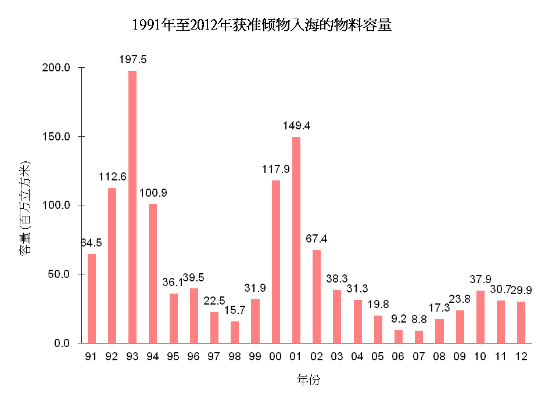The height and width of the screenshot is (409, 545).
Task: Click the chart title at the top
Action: (x=261, y=26)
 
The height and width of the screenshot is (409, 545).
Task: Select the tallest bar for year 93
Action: (x=132, y=207)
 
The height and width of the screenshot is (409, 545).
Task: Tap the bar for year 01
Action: (x=296, y=240)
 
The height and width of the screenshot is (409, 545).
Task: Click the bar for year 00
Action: (x=276, y=262)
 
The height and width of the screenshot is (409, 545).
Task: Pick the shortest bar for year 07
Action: (x=419, y=337)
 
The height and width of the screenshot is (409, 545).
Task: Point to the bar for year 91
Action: (x=92, y=298)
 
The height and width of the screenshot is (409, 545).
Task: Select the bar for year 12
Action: (x=521, y=322)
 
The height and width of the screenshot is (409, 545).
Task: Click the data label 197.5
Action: (x=132, y=60)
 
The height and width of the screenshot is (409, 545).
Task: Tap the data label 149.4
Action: (x=296, y=126)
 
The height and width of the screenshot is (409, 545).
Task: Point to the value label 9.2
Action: (x=399, y=318)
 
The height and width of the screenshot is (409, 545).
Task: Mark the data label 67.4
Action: (x=317, y=239)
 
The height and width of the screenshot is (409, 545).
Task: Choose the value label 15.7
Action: (x=235, y=310)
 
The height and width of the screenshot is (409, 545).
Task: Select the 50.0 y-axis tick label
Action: (x=58, y=274)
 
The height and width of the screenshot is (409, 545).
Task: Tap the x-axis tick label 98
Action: (x=235, y=357)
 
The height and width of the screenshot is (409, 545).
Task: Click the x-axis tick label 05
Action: (x=378, y=357)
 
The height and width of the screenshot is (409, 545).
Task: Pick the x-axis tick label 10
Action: (x=480, y=357)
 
